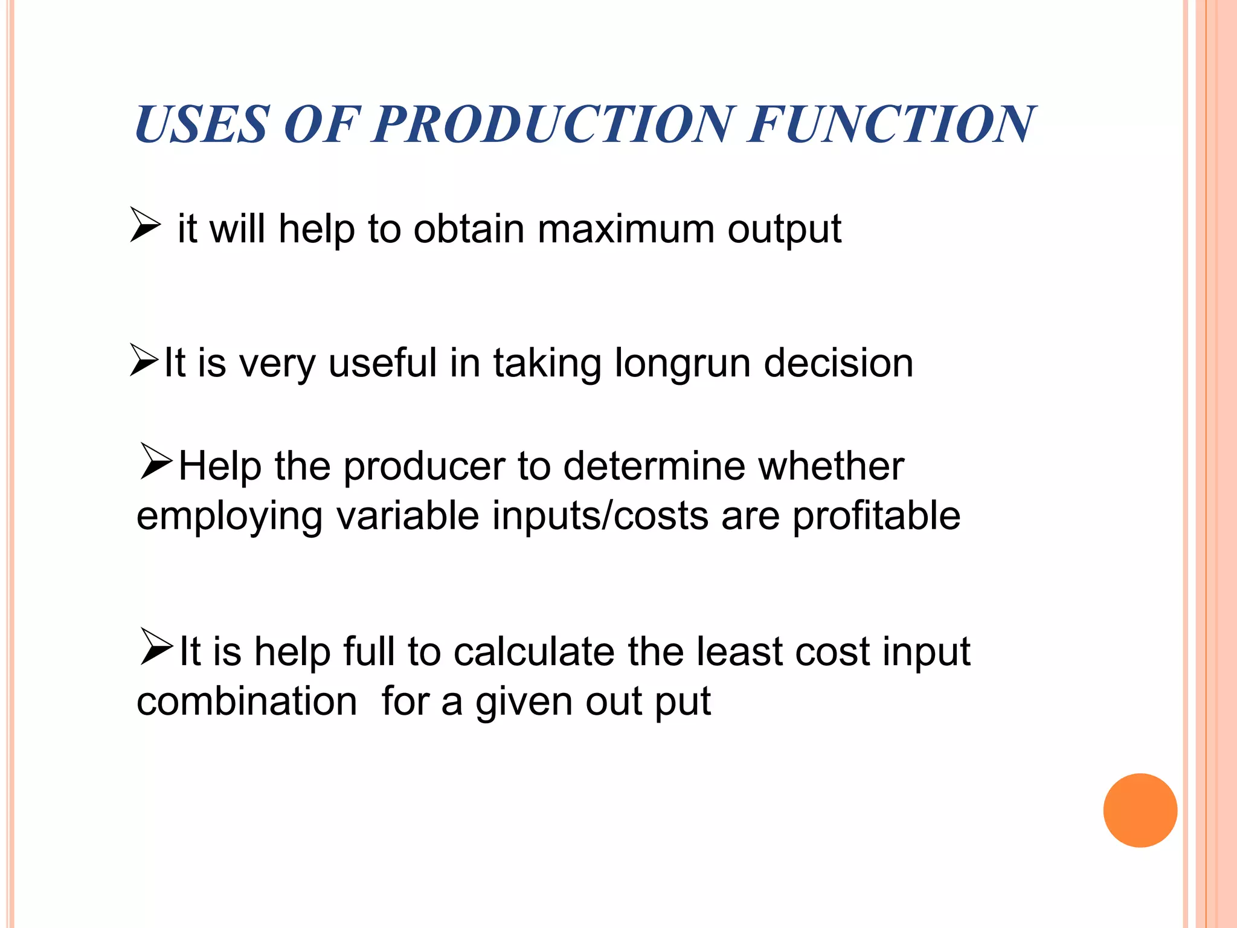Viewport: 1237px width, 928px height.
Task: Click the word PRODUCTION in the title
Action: (553, 125)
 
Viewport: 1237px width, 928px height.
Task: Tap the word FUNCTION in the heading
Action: (892, 125)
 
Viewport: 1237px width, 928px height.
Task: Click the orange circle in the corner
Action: (1140, 810)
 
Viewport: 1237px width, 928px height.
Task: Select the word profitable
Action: (876, 517)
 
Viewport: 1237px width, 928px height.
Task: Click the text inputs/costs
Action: (600, 517)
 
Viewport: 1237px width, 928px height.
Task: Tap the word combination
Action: (247, 702)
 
